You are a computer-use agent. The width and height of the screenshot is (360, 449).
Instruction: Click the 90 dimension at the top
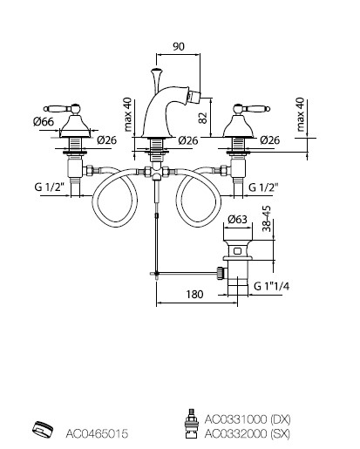pyautogui.click(x=179, y=46)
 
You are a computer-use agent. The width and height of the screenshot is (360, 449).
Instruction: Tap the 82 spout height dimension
pyautogui.click(x=203, y=118)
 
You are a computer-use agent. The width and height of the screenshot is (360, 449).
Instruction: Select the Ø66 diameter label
pyautogui.click(x=44, y=121)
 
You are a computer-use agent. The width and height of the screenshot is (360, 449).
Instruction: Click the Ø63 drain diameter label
pyautogui.click(x=237, y=219)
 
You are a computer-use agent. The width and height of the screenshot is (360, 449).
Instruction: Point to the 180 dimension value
pyautogui.click(x=194, y=295)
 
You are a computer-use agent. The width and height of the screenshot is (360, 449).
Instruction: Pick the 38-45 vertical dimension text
pyautogui.click(x=267, y=219)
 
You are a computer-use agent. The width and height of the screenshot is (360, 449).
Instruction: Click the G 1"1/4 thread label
pyautogui.click(x=272, y=286)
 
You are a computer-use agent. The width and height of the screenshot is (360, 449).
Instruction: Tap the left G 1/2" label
pyautogui.click(x=49, y=187)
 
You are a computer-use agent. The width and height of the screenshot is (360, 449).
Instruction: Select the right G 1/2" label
pyautogui.click(x=263, y=187)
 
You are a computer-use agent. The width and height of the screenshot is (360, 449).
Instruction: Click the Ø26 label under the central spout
pyautogui.click(x=188, y=140)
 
